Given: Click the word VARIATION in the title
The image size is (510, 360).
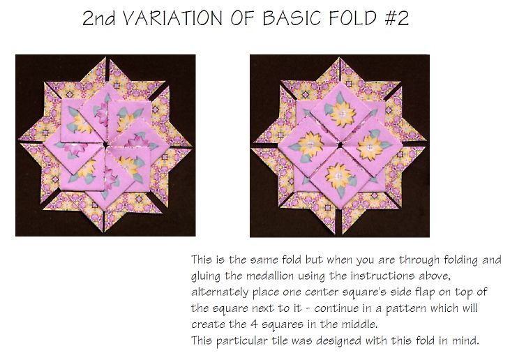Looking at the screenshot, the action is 173,18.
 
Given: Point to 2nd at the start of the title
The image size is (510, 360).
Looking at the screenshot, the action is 98,18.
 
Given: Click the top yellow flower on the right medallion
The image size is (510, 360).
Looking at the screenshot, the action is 343,114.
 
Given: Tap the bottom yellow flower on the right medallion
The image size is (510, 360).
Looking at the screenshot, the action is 338,177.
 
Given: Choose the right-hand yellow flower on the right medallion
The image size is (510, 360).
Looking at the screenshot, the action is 370,148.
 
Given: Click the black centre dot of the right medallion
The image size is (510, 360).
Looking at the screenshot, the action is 340,145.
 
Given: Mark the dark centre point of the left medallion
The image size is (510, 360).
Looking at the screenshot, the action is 105,144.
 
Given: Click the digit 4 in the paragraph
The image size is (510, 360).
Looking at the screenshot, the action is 254,324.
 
